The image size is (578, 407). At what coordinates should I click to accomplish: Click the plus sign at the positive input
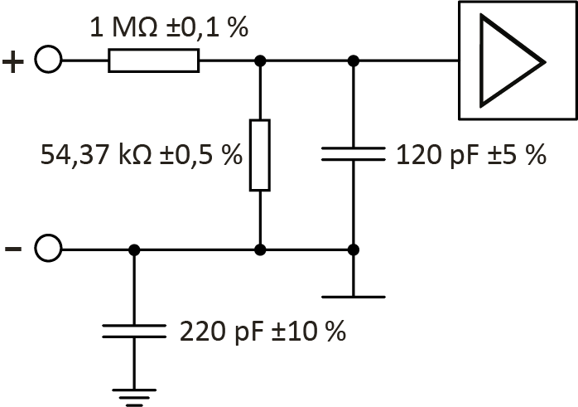[15, 62]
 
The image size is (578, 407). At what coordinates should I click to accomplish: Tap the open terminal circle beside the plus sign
[49, 61]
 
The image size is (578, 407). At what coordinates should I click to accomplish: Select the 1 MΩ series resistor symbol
[153, 61]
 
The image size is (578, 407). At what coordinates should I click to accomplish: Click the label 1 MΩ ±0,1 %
[169, 28]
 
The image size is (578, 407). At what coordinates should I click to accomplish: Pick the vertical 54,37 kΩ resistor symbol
[260, 155]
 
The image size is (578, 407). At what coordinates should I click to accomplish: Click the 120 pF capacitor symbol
[354, 153]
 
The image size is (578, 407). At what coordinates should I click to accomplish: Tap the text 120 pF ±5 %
[471, 154]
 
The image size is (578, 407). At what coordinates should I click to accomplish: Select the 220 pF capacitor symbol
[134, 332]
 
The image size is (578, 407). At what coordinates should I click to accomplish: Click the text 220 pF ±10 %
[262, 332]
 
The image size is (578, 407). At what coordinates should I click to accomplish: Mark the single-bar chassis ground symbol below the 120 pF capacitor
[354, 295]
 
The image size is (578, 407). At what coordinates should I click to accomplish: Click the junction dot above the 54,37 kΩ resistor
[260, 61]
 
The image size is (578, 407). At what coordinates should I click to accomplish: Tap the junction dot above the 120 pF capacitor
[354, 61]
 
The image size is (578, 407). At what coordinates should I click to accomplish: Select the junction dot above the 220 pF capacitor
[134, 249]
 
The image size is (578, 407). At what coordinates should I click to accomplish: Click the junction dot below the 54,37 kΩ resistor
[260, 249]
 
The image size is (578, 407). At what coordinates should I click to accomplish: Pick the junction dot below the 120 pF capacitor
[354, 249]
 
